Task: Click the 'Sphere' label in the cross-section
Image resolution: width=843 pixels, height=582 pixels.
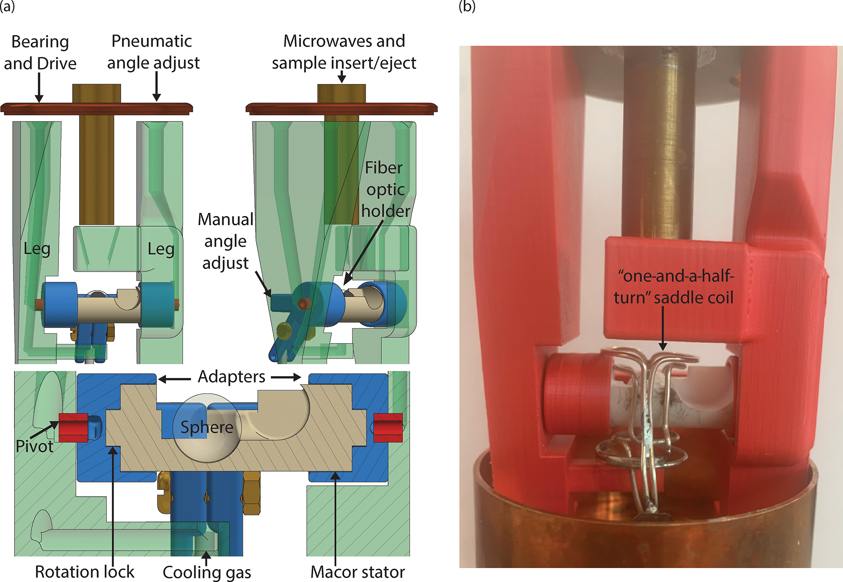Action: coord(207,427)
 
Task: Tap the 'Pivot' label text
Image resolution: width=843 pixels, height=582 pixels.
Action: coord(34,446)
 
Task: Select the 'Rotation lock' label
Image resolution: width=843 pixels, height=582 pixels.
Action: coord(84,571)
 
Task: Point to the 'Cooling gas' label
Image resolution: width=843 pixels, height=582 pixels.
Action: coord(207,572)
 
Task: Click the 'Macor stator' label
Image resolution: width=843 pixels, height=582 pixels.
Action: coord(358,572)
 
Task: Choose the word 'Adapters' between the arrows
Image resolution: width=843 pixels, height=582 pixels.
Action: coord(231,377)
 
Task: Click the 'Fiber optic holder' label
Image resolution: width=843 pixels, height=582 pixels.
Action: coord(385,190)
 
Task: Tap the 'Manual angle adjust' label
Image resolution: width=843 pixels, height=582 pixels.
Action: coord(226,241)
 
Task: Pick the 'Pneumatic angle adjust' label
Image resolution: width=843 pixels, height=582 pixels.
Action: coord(153,52)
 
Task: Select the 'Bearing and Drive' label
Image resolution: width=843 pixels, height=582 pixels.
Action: coord(40,53)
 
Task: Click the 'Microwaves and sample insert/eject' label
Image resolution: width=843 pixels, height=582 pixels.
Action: coord(344,52)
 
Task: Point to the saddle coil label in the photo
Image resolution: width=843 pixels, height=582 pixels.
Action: coord(674,287)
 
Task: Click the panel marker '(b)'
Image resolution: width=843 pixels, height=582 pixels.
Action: coord(467,7)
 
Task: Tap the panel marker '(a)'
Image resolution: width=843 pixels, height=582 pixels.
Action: coord(7,7)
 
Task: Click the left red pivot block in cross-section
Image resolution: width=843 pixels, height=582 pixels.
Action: coord(73,428)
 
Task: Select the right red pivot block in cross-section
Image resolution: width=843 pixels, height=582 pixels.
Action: coord(388,428)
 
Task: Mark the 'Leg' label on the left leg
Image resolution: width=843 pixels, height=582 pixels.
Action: coord(37,249)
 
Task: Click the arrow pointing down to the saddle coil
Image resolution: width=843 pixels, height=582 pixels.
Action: coord(663,328)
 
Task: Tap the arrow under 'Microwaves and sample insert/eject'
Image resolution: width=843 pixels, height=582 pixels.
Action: coord(342,77)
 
